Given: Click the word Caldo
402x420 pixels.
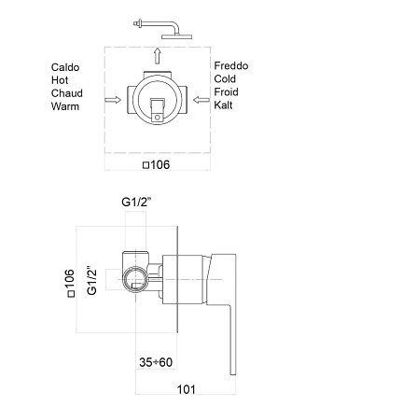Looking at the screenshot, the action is pos(65,67).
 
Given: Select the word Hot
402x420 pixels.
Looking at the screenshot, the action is pos(60,80).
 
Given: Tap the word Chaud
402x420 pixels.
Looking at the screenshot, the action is pos(67,93).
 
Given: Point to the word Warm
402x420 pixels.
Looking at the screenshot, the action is pos(65,106).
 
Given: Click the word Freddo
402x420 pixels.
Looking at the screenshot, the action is pos(231,65).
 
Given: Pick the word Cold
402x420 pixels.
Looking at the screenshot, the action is pos(225,78).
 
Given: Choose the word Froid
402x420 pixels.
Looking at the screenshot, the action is pos(226,91).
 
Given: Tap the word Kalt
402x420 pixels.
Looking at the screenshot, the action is pos(223,105).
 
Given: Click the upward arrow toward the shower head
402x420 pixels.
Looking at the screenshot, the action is pos(158,56).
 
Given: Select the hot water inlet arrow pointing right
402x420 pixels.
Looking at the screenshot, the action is pos(113,100).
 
